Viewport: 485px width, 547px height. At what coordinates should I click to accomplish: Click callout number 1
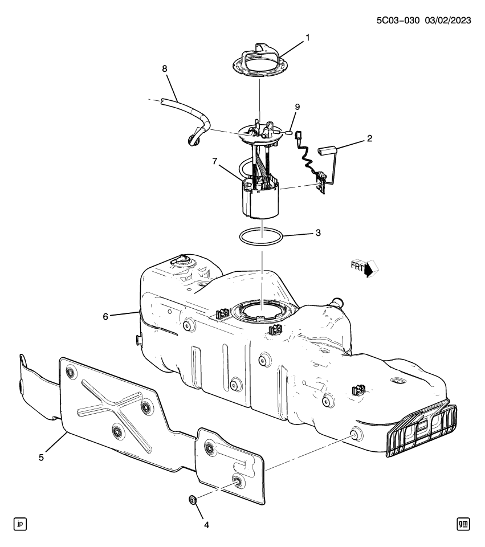(308, 38)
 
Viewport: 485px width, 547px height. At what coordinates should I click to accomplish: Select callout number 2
(370, 138)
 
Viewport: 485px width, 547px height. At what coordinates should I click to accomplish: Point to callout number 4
(206, 524)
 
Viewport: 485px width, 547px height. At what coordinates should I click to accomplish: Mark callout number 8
(165, 69)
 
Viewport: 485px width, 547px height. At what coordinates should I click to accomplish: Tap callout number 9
(296, 107)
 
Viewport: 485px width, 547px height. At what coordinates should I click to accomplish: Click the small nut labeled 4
(193, 501)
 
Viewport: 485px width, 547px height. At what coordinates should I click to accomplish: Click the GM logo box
(463, 523)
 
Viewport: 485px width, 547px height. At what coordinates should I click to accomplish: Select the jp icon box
(21, 523)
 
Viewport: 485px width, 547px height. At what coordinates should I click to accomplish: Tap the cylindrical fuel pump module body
(261, 202)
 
